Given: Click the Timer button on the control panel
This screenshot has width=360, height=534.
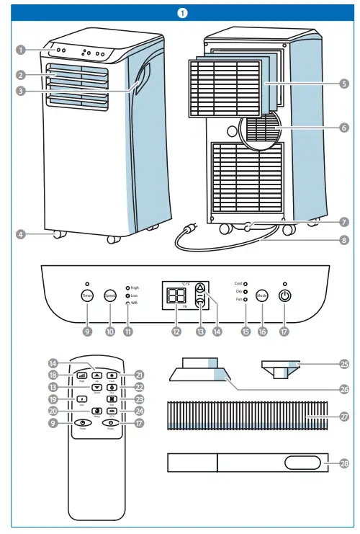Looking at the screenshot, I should coord(86,295).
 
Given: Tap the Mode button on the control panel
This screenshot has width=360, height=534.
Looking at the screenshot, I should coord(262,295).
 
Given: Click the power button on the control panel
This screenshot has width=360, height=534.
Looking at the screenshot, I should coord(286,295).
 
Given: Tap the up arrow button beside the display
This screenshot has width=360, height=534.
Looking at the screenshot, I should coord(201,286).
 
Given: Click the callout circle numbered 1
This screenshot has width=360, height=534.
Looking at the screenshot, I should coord(22,50).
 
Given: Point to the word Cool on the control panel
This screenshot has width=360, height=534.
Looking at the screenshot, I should coord(238,284).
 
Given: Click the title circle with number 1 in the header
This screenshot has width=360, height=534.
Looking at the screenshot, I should coord(180,12).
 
